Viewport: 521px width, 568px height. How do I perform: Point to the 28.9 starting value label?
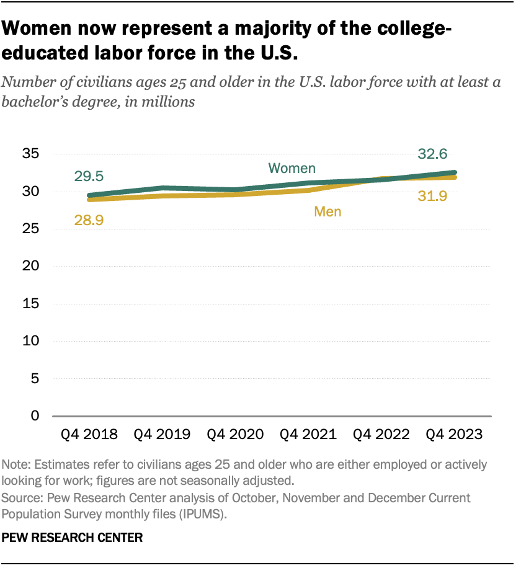tap(90, 219)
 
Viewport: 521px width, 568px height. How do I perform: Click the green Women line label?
tap(292, 168)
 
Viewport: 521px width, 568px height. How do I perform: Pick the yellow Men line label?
tap(327, 211)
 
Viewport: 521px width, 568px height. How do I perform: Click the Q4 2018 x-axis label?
tap(89, 434)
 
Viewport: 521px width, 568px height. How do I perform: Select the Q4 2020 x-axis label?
tap(235, 434)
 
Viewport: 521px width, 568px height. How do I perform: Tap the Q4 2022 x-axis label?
tap(380, 434)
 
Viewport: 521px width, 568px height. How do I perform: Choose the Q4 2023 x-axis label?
tap(453, 434)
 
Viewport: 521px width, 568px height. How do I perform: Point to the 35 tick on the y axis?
tap(32, 154)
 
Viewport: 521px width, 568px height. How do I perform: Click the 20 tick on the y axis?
tap(32, 266)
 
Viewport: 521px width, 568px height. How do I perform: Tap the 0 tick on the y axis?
tap(36, 415)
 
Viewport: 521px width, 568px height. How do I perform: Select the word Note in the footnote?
tap(14, 464)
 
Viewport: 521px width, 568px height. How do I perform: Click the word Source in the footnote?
tap(20, 498)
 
